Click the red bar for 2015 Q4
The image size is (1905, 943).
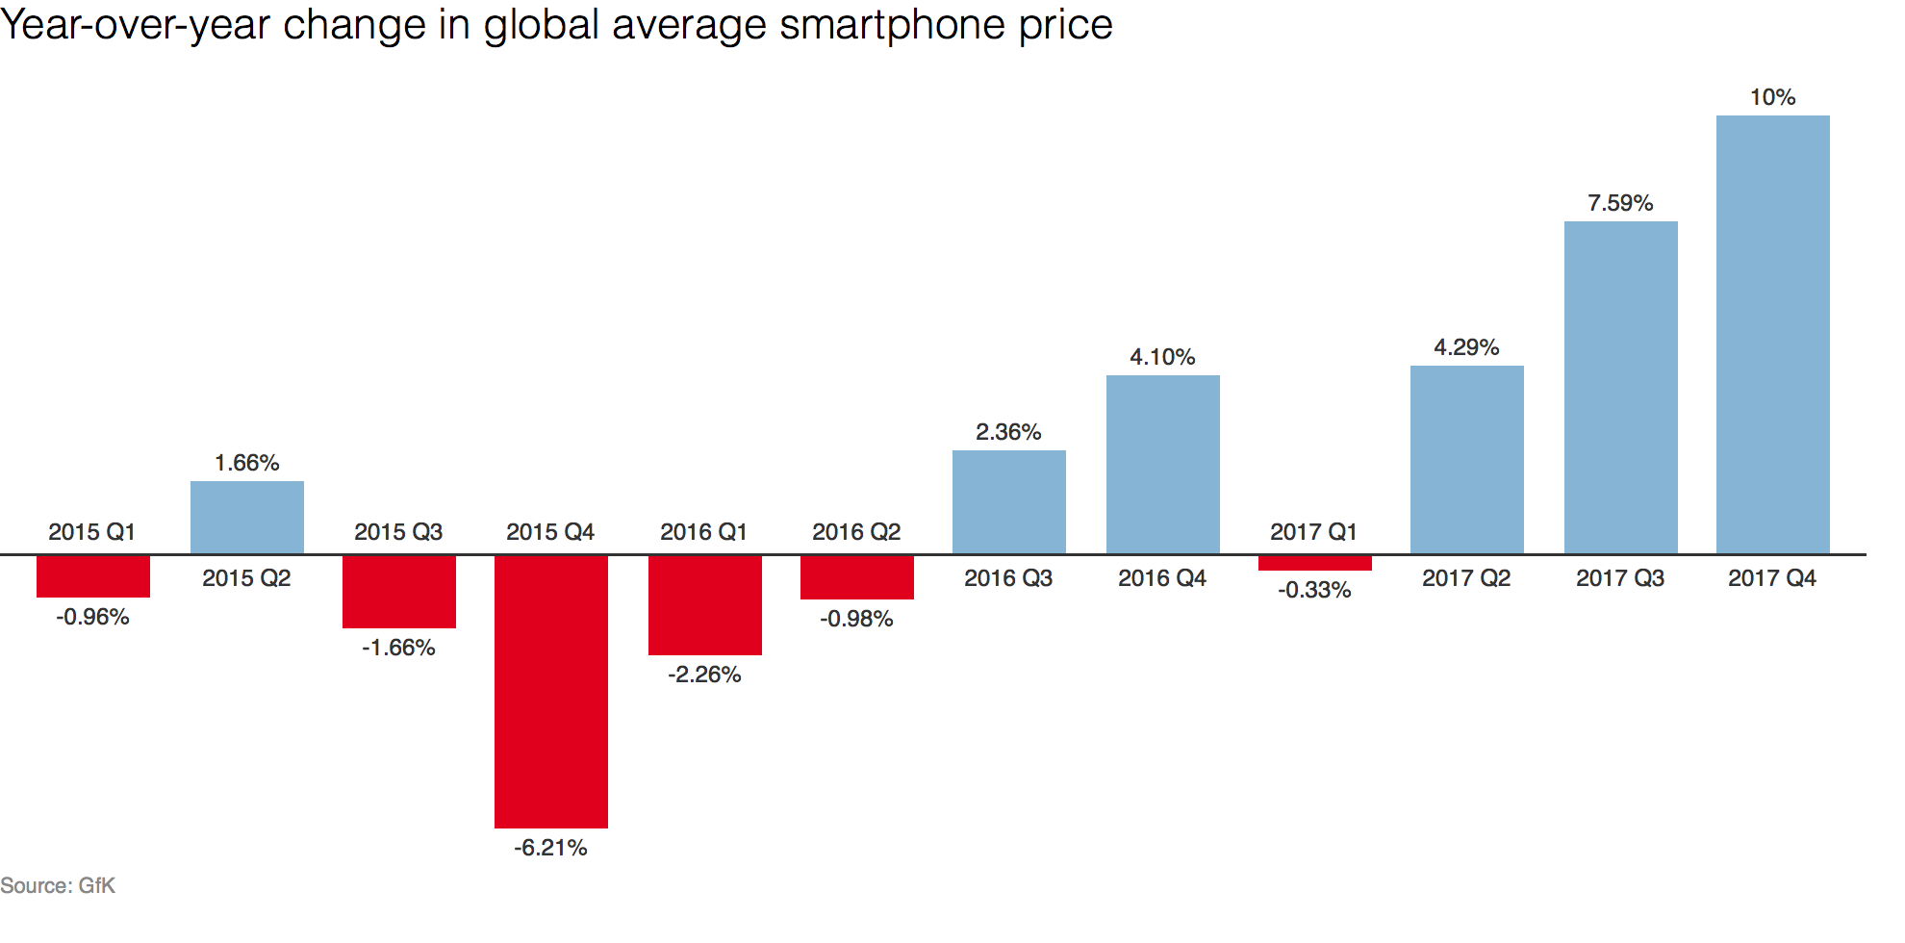550,691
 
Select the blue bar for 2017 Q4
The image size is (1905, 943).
1772,334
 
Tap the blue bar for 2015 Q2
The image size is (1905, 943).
246,517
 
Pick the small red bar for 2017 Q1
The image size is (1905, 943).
1314,563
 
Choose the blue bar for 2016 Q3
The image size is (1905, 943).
1008,501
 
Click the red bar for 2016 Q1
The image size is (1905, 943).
704,604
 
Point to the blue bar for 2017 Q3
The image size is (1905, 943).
1620,387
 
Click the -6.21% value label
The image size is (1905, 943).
550,848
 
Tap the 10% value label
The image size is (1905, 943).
1772,97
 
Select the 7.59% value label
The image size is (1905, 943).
1620,203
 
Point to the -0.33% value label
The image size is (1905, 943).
1314,590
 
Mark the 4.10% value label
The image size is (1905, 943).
1162,357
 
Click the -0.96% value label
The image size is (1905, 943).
92,617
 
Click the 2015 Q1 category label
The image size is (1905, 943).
92,532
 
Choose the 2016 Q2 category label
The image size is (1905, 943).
856,532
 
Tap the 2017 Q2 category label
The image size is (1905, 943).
1466,578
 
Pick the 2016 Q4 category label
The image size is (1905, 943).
1162,578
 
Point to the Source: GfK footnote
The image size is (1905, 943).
58,885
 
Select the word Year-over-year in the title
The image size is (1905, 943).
135,25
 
